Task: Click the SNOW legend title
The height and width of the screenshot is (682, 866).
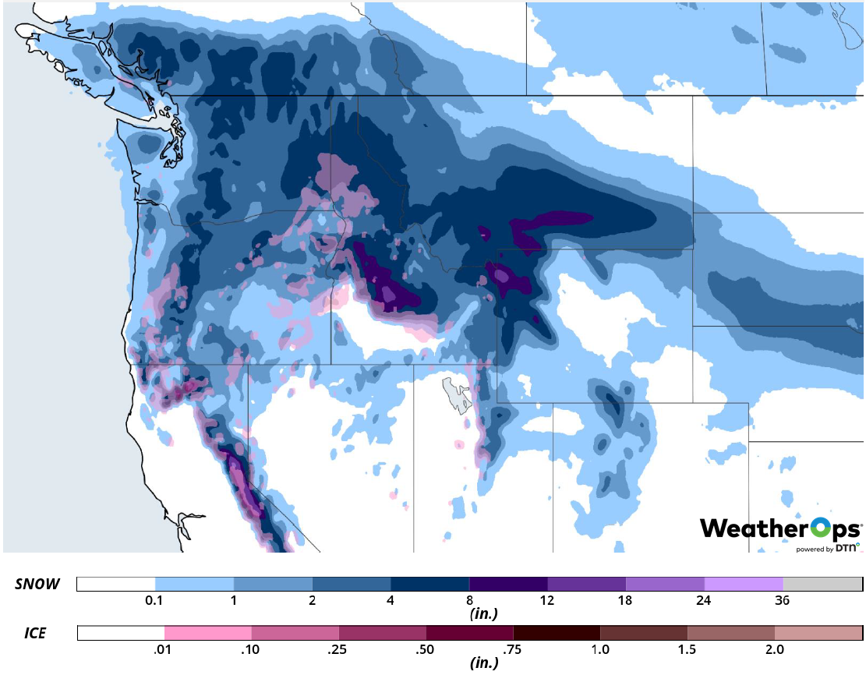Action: [37, 585]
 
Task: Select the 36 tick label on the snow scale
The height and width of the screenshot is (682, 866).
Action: [783, 601]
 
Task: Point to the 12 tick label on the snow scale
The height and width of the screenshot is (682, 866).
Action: [547, 601]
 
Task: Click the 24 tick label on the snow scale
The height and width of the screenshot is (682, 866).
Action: [704, 601]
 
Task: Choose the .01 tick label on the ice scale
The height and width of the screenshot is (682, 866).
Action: [164, 649]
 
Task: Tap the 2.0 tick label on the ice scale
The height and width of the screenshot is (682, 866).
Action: [775, 649]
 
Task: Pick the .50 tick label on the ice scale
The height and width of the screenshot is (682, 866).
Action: [426, 649]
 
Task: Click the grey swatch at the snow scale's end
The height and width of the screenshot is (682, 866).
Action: [822, 585]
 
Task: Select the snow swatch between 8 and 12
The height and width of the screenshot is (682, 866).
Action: [508, 585]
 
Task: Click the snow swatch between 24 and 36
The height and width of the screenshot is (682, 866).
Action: [744, 585]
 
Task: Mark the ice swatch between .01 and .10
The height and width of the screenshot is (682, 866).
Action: [208, 633]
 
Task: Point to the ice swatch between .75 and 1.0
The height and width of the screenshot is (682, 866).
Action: [557, 633]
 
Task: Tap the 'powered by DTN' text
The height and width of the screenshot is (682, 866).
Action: [827, 548]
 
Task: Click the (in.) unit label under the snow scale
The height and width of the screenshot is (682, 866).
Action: [484, 614]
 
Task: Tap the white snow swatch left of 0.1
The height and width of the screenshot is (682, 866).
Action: [116, 585]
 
